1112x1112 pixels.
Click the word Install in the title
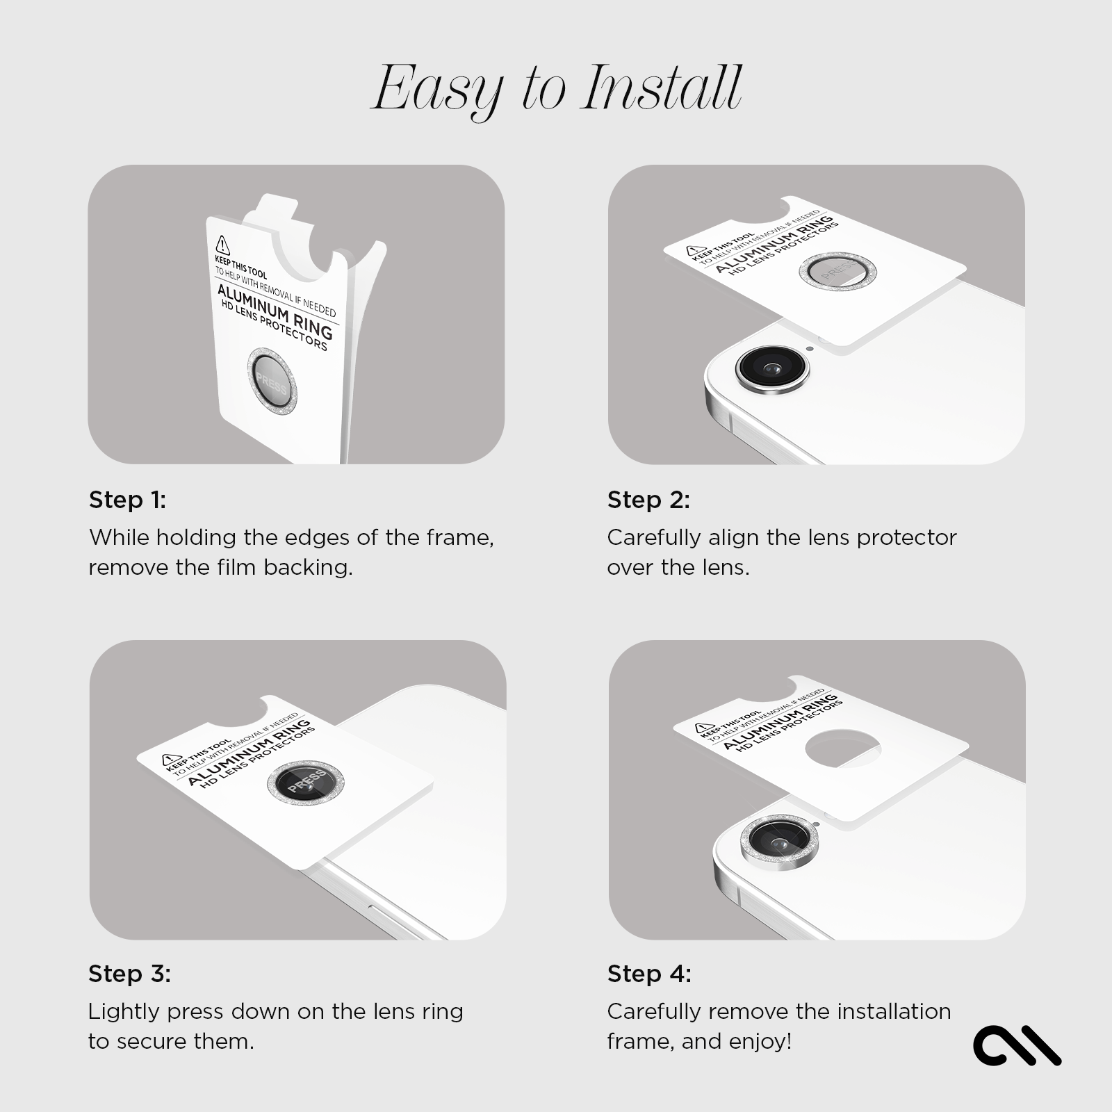[662, 88]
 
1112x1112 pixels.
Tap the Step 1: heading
[128, 500]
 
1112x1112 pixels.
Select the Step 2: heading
[648, 500]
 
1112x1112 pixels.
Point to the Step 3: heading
[129, 974]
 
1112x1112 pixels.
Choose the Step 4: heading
[649, 974]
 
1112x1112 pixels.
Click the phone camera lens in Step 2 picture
[772, 368]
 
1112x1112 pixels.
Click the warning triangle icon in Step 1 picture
[222, 245]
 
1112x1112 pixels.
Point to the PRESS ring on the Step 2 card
[836, 272]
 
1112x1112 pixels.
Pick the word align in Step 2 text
[733, 537]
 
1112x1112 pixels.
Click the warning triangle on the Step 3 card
[169, 760]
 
